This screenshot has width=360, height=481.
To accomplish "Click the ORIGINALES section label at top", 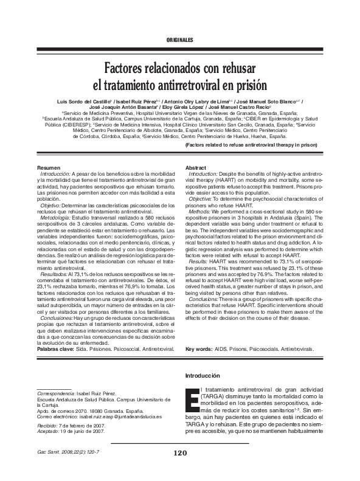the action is coord(179,40).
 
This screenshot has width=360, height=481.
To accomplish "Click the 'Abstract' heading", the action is coord(196,167).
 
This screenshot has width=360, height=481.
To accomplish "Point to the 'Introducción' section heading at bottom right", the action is coord(204,376).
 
